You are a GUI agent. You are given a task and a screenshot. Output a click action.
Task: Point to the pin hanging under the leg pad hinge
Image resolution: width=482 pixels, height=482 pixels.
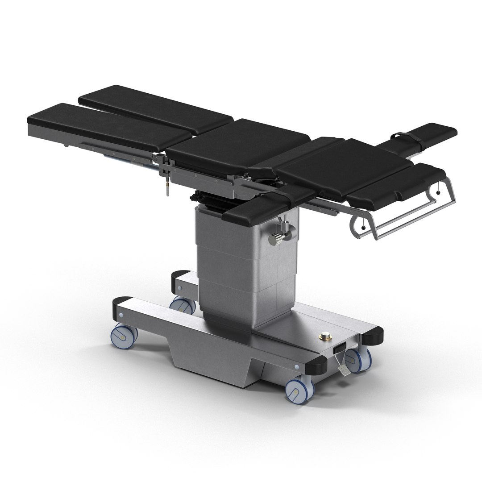pyautogui.click(x=168, y=188)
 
